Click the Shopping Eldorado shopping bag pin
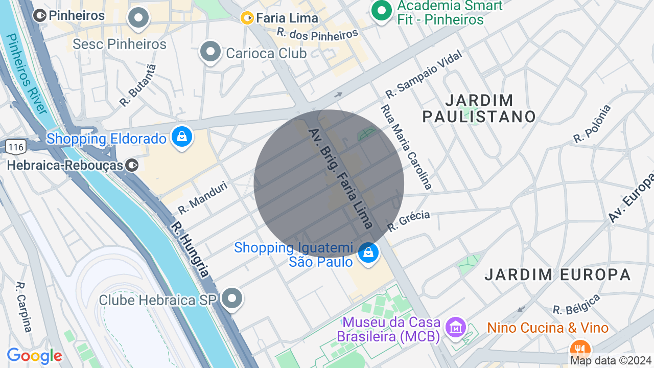tap(182, 137)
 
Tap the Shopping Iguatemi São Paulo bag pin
tap(368, 252)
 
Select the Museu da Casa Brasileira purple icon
tap(455, 326)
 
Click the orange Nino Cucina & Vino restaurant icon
tap(579, 350)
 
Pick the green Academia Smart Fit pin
tap(381, 10)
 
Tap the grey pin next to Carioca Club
tap(210, 52)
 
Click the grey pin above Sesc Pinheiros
tap(138, 18)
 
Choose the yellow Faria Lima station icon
tap(247, 18)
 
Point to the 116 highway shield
tap(16, 147)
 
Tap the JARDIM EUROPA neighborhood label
tap(558, 274)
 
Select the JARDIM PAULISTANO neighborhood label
tap(479, 108)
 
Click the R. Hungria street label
tap(190, 249)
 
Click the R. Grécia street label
tap(409, 221)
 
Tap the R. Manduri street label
tap(202, 198)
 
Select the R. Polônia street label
tap(592, 124)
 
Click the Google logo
tap(34, 356)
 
